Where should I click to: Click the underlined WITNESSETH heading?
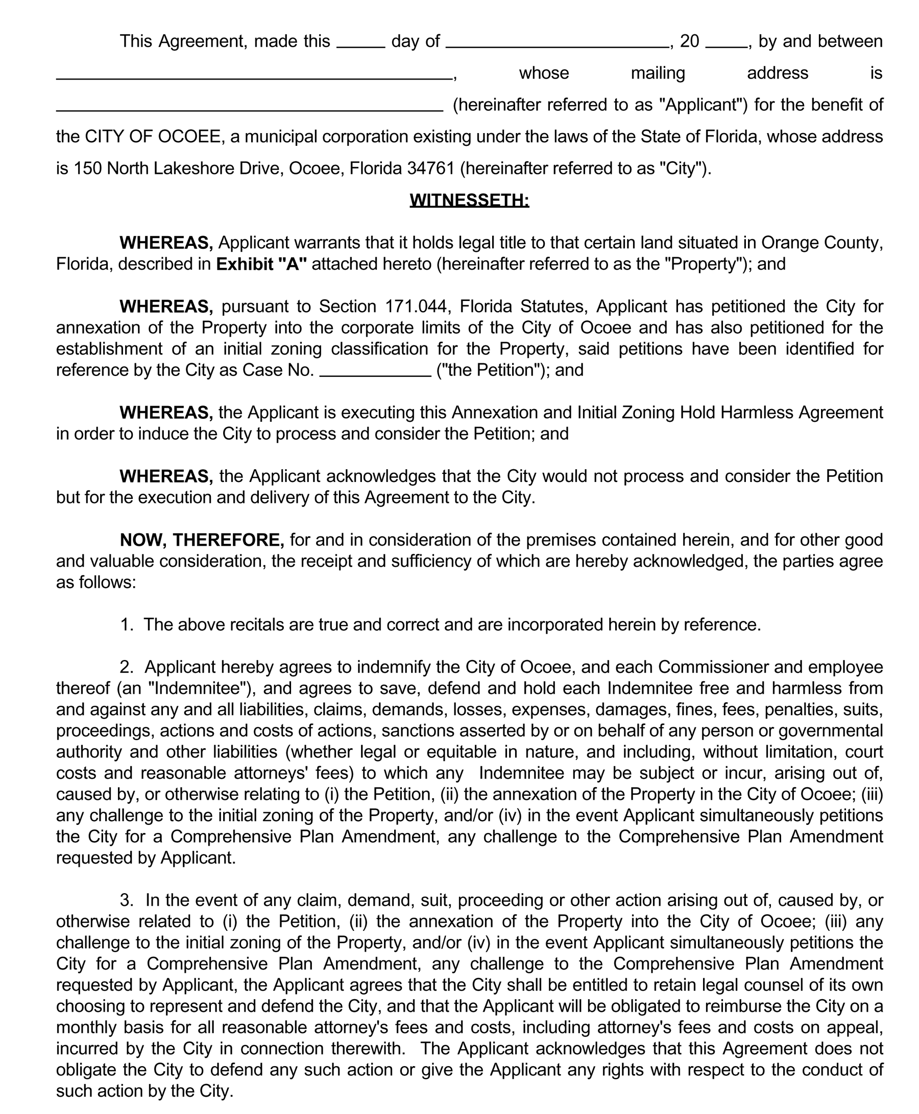469,200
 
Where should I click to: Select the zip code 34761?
431,168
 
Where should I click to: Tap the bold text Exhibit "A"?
261,264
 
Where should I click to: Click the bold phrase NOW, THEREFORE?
202,540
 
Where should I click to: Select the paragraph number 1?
127,625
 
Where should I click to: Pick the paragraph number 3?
127,900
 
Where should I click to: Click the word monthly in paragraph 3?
85,1027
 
